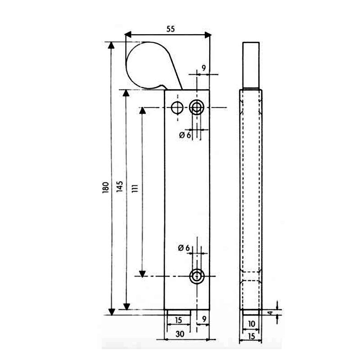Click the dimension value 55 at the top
click(171, 29)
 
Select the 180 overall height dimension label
click(106, 187)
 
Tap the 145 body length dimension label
click(120, 186)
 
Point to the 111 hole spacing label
click(135, 189)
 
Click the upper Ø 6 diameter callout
click(185, 135)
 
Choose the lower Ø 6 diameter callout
click(184, 248)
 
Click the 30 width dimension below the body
click(180, 334)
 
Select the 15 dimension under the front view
click(178, 320)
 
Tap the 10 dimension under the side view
click(252, 324)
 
